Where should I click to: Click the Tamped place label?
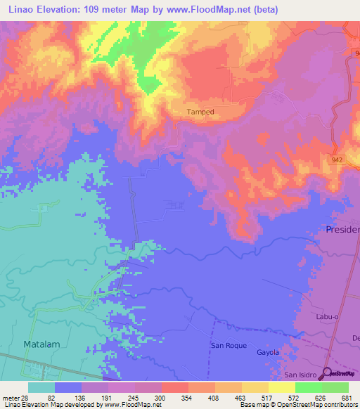click(200, 112)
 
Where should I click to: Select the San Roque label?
click(227, 346)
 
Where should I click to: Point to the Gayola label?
click(268, 352)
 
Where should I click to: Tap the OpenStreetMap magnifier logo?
click(326, 372)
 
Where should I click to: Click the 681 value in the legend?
click(347, 397)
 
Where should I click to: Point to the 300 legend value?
click(161, 397)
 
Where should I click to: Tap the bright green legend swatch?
click(308, 387)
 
